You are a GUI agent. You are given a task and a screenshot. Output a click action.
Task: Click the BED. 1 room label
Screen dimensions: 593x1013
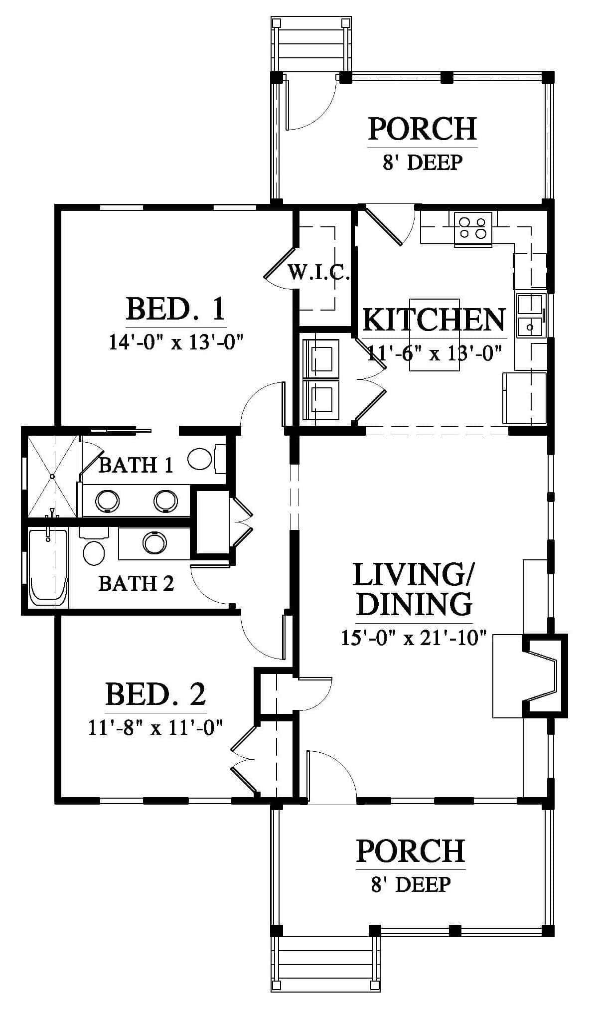click(x=175, y=309)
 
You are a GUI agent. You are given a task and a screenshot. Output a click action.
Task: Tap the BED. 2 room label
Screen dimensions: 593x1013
click(x=155, y=693)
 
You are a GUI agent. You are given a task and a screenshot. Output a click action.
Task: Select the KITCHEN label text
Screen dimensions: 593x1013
click(x=434, y=320)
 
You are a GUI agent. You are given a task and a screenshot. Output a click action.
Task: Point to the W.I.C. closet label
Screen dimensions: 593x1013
click(x=319, y=273)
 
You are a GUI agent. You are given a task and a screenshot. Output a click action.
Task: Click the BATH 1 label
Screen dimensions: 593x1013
click(x=136, y=465)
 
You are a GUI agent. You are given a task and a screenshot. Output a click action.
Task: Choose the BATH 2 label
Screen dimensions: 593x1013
click(x=136, y=583)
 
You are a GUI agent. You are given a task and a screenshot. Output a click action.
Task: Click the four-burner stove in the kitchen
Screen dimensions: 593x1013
click(x=473, y=229)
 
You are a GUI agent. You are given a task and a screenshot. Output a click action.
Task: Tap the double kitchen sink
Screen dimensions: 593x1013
click(x=531, y=315)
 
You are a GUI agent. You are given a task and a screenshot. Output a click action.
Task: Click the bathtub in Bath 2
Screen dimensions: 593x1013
click(x=48, y=568)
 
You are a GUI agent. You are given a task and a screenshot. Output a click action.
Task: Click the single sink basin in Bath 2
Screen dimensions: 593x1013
click(x=154, y=543)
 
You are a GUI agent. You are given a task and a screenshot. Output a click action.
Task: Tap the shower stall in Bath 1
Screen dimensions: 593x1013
click(x=52, y=476)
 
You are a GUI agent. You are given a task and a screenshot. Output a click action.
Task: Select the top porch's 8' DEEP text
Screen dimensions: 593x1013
click(x=423, y=163)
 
